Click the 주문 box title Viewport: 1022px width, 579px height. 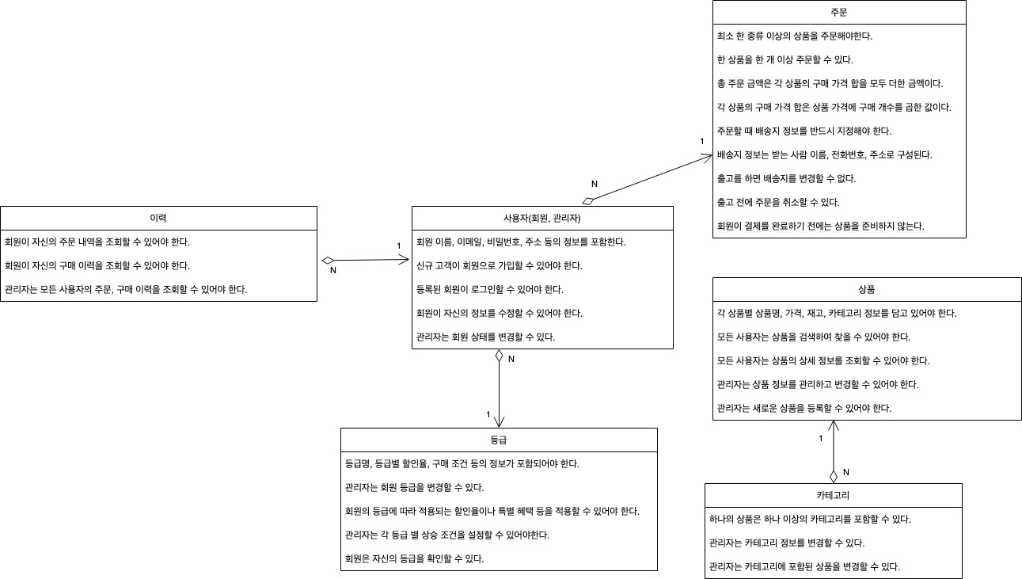[x=839, y=12]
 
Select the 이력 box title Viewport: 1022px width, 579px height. [x=158, y=218]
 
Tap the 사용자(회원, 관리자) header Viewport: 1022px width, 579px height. [x=542, y=218]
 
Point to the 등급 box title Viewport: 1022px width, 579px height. [x=499, y=440]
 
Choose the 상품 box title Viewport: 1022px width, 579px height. [x=866, y=289]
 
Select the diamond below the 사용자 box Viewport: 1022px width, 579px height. [x=499, y=356]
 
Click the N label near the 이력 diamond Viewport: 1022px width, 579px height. [x=332, y=271]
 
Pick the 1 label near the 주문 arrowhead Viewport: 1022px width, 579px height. [x=701, y=141]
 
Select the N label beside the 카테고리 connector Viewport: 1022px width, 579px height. [x=845, y=472]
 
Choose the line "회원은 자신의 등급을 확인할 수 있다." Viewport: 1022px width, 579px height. [x=414, y=558]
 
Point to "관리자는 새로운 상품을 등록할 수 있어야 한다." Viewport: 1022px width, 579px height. [x=804, y=408]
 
